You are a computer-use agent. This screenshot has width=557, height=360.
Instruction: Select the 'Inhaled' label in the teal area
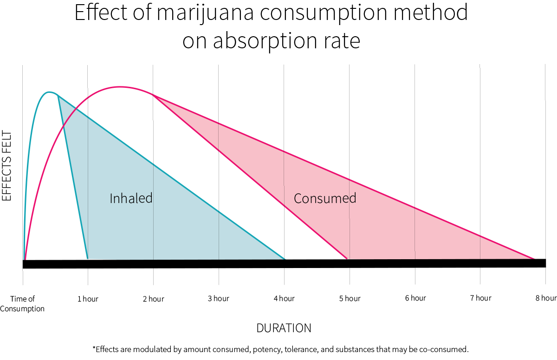pos(131,198)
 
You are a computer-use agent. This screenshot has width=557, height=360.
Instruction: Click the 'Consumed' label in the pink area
pos(325,199)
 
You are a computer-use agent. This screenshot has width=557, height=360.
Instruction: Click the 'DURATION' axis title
pos(284,328)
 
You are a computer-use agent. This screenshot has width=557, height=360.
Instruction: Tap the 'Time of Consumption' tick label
pos(22,303)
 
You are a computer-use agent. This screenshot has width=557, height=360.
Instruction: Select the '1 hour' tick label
pos(88,299)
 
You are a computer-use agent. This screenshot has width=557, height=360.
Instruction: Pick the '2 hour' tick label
pos(153,299)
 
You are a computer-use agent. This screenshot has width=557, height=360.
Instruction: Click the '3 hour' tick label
pos(218,298)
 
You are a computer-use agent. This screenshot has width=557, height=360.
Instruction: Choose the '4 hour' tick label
pos(284,298)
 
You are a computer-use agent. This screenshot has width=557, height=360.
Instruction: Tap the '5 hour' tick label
pos(350,298)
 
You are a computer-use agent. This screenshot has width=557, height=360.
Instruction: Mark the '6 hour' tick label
pos(415,298)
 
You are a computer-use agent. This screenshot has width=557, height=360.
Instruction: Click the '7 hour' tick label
pos(480,298)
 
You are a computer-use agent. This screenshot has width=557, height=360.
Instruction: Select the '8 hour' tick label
pos(545,298)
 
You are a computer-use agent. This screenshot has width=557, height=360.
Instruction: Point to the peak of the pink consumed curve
pos(120,86)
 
